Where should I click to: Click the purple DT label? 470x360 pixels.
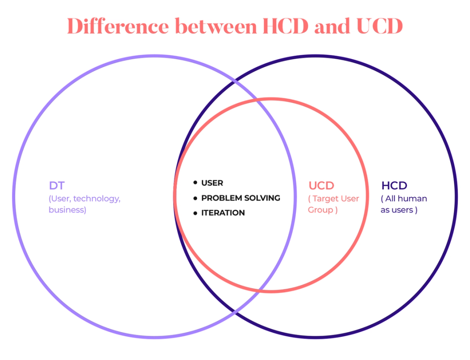click(x=57, y=186)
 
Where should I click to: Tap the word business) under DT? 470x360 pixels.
click(x=67, y=210)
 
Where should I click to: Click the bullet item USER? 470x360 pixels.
click(x=212, y=183)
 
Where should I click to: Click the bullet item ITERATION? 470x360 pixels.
click(x=223, y=213)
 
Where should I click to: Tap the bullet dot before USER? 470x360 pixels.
click(x=195, y=183)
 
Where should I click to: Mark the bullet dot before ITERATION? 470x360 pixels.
click(x=195, y=213)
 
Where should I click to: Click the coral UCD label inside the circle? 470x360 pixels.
click(x=321, y=186)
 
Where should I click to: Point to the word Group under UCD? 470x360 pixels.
click(x=320, y=210)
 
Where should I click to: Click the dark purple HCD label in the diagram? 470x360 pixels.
click(x=394, y=186)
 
